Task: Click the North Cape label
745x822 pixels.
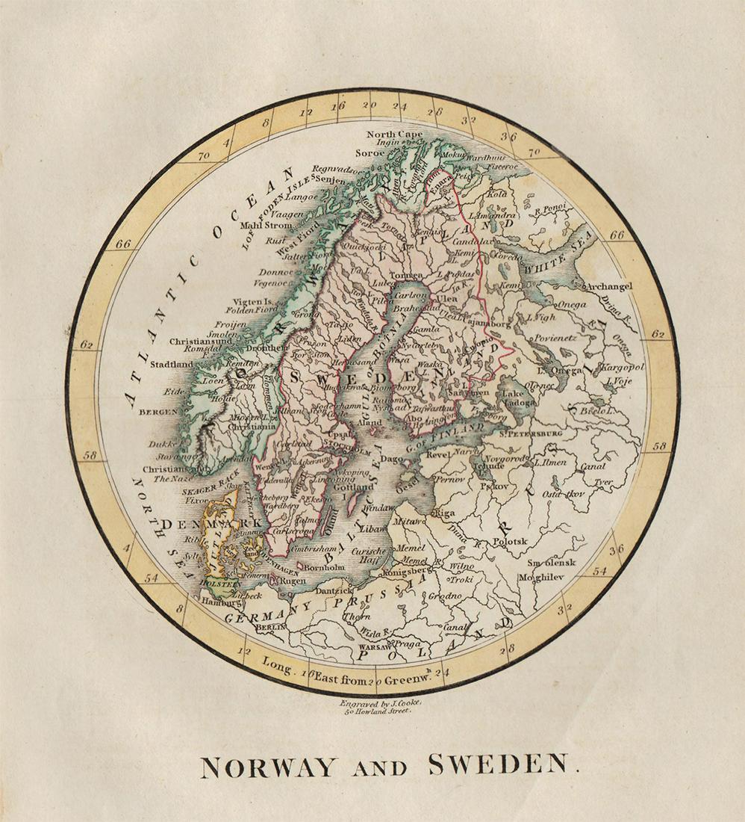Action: pos(394,135)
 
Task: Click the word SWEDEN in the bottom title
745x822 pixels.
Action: pos(498,766)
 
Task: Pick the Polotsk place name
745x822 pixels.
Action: pos(510,541)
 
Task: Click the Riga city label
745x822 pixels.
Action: pos(446,513)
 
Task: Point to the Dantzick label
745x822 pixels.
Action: pos(336,590)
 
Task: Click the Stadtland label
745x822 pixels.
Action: pos(171,365)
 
